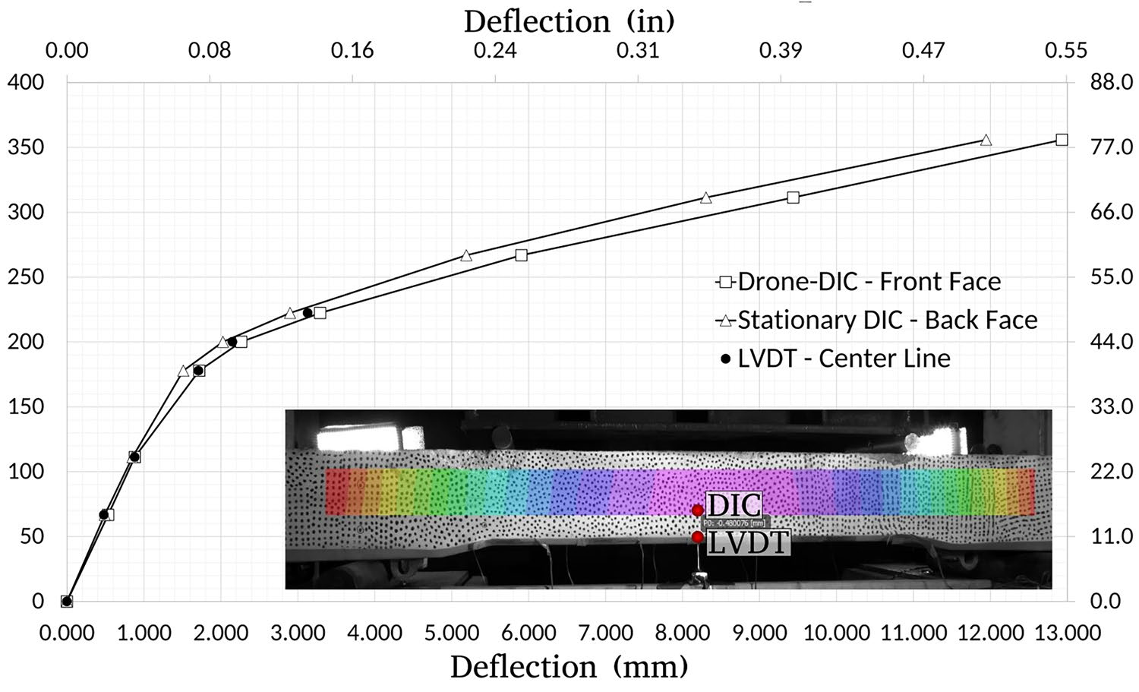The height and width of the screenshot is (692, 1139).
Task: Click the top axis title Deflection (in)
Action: (x=569, y=21)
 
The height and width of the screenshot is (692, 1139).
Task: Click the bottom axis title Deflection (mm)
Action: (x=569, y=667)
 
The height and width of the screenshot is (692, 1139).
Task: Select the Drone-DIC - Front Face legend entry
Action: (x=858, y=282)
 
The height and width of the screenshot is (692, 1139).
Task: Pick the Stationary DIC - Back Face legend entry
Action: (x=876, y=320)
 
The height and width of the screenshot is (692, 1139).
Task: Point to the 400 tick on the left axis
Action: (x=26, y=82)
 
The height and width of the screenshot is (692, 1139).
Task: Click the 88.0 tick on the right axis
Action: (x=1112, y=82)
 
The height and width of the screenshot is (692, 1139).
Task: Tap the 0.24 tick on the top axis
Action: (x=495, y=51)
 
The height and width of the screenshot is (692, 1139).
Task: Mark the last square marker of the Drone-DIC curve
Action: (x=1062, y=140)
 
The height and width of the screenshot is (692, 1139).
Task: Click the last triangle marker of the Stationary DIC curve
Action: (x=986, y=140)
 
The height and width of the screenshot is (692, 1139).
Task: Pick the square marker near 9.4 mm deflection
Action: (x=793, y=197)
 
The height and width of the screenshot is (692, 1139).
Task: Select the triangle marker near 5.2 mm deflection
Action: (x=466, y=256)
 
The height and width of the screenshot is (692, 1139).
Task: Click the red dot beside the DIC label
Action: (x=697, y=510)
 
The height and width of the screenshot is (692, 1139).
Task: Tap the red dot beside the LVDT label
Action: (x=697, y=537)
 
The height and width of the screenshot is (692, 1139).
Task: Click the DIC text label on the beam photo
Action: (x=734, y=504)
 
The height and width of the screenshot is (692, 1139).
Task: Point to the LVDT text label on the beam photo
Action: (x=749, y=542)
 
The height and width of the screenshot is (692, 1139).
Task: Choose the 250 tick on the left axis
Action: (x=26, y=276)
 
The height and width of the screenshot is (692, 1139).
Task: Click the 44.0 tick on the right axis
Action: (x=1112, y=342)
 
